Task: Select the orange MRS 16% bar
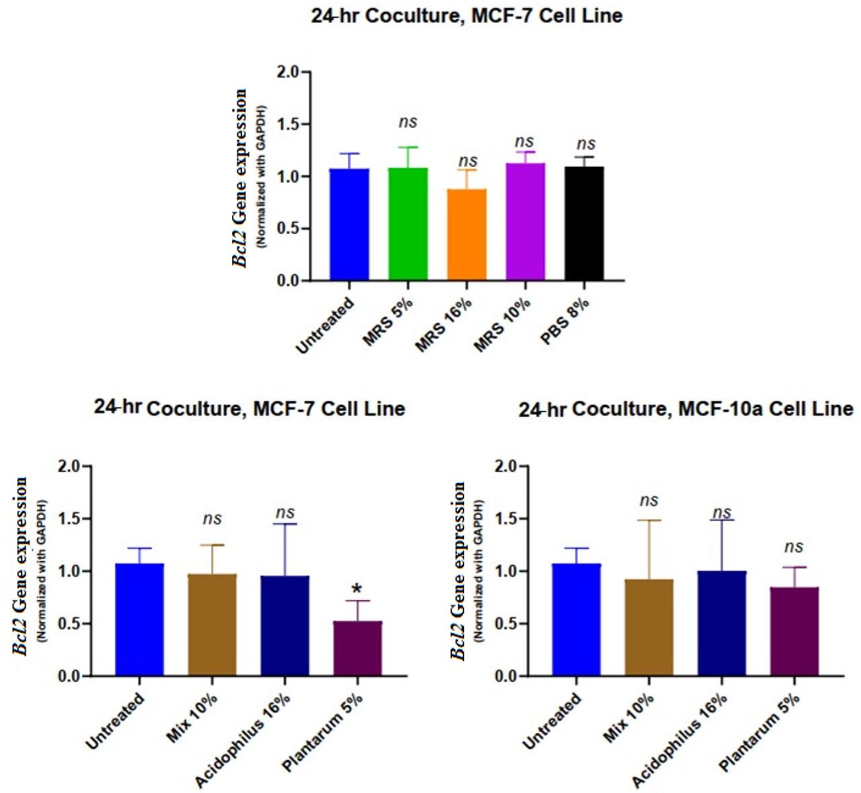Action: point(467,235)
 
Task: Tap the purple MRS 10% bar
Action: point(525,222)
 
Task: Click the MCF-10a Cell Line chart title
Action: point(685,409)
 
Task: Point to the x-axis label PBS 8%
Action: point(566,322)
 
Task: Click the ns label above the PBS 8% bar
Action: point(586,143)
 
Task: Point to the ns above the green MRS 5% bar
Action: point(408,122)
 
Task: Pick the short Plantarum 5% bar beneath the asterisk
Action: point(357,648)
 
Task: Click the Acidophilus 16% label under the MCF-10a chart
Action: point(681,740)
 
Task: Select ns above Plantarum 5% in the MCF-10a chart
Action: point(794,547)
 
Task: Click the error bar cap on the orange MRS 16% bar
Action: point(467,170)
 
